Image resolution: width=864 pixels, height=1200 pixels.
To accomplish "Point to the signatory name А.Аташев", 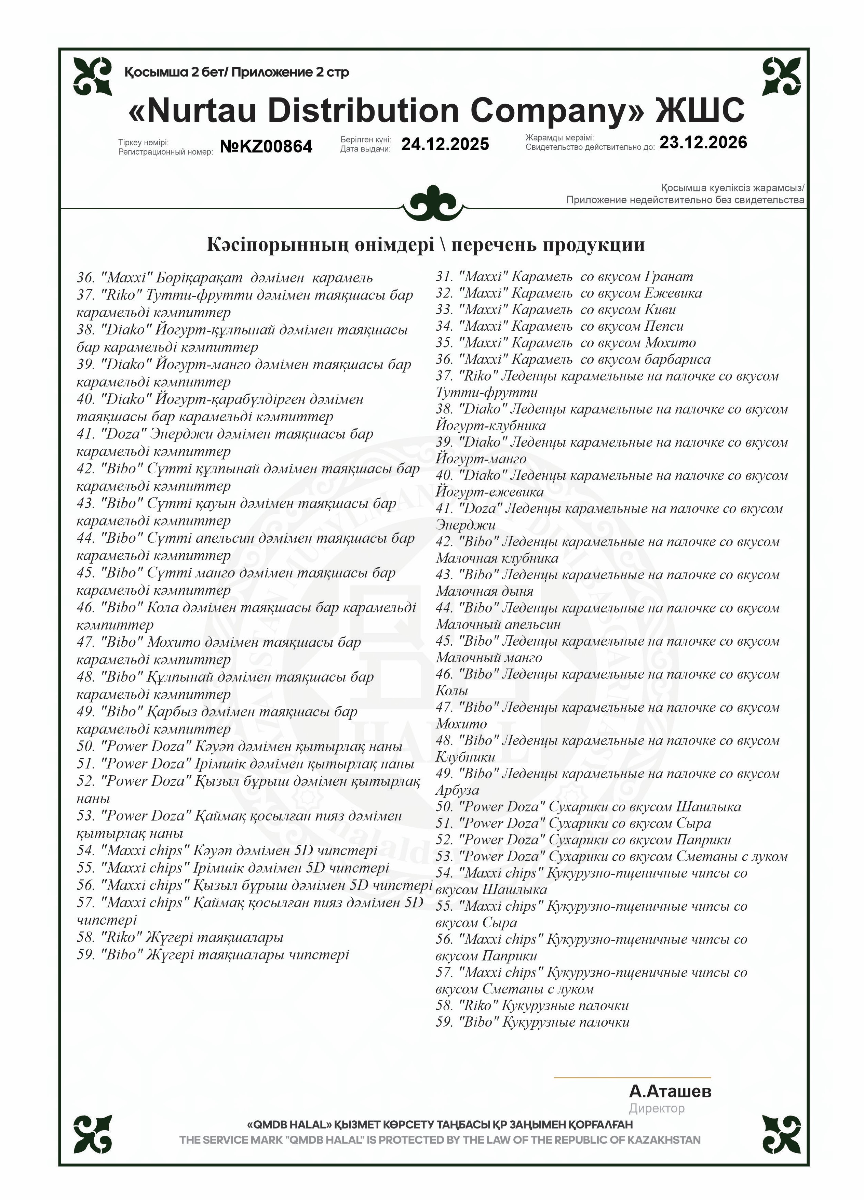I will [x=670, y=1091].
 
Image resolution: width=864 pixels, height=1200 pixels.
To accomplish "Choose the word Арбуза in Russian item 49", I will [x=457, y=790].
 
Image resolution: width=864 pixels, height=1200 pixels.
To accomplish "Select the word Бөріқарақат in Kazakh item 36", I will [x=198, y=277].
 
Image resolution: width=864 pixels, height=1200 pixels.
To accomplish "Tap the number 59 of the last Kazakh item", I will [x=85, y=954].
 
